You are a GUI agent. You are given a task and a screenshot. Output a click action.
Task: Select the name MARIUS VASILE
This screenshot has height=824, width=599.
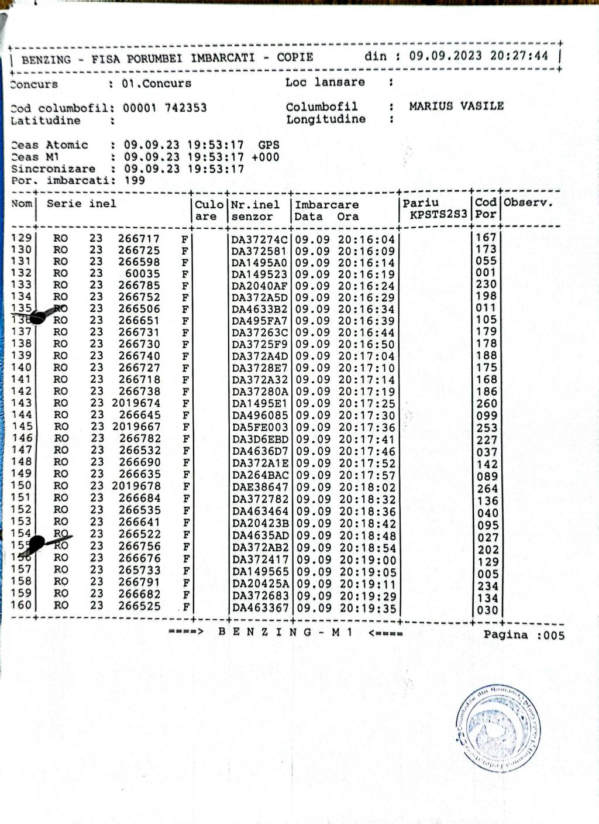pyautogui.click(x=456, y=106)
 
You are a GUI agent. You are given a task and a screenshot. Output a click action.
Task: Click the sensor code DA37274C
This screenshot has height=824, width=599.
pyautogui.click(x=260, y=239)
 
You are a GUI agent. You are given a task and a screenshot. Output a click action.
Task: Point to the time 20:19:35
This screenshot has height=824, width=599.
pyautogui.click(x=367, y=608)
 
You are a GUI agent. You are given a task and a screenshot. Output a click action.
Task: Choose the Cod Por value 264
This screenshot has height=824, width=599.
pyautogui.click(x=487, y=488)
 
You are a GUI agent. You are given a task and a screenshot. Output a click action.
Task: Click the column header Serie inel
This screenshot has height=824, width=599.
pyautogui.click(x=81, y=204)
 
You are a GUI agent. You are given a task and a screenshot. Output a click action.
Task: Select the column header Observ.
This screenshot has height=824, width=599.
pyautogui.click(x=528, y=203)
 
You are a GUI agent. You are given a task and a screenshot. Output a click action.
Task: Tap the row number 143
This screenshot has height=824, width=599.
pyautogui.click(x=22, y=403)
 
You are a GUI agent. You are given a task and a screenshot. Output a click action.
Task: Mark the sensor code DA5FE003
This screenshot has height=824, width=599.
pyautogui.click(x=260, y=427)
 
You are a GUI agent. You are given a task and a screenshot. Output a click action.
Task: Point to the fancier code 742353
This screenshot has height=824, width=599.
pyautogui.click(x=185, y=108)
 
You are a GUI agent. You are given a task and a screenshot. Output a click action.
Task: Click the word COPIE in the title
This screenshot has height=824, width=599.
pyautogui.click(x=295, y=57)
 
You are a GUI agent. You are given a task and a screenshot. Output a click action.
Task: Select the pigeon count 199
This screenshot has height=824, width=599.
pyautogui.click(x=135, y=180)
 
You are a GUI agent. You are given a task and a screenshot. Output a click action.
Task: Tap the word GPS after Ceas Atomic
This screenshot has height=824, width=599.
pyautogui.click(x=268, y=145)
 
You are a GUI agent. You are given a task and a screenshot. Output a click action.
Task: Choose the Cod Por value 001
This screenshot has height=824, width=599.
pyautogui.click(x=486, y=273)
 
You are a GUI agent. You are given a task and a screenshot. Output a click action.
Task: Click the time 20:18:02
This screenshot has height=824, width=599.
pyautogui.click(x=367, y=487)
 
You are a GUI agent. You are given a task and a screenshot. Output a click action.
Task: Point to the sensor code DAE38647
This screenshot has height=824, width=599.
pyautogui.click(x=260, y=487)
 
